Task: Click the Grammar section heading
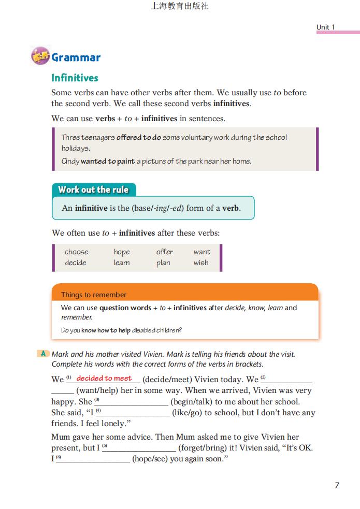(x=76, y=57)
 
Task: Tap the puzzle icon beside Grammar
(x=40, y=56)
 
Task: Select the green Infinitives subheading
(x=75, y=78)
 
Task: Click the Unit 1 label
(x=326, y=27)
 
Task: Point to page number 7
(x=337, y=485)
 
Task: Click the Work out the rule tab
(x=93, y=190)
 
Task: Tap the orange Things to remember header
(x=94, y=295)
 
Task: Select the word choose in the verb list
(x=76, y=252)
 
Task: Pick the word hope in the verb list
(x=122, y=252)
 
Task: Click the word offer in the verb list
(x=165, y=252)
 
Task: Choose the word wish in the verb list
(x=201, y=263)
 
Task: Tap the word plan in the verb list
(x=163, y=263)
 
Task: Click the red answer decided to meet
(x=104, y=378)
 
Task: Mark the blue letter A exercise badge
(x=44, y=354)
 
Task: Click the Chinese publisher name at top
(x=180, y=6)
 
